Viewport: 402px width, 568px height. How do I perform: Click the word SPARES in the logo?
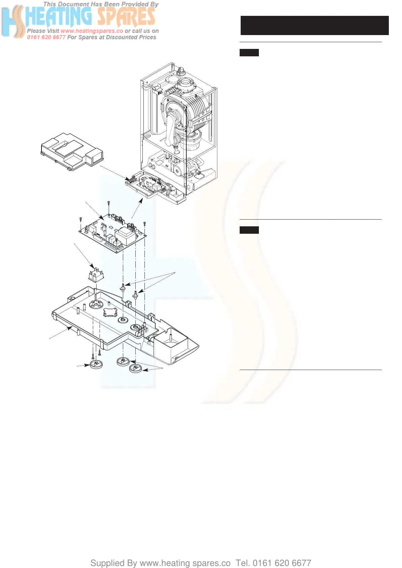(126, 17)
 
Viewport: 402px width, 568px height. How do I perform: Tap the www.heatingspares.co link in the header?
(92, 31)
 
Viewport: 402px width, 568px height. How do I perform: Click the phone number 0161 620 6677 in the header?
(46, 37)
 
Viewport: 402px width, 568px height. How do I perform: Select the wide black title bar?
(314, 25)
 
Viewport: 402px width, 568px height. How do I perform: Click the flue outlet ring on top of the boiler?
(186, 83)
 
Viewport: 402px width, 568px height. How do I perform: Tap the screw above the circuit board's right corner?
(144, 223)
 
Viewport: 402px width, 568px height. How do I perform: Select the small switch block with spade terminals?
(96, 274)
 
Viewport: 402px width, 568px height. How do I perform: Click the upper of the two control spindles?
(123, 288)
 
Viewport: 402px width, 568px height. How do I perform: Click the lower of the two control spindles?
(135, 295)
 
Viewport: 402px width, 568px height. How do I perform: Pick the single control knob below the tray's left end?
(96, 365)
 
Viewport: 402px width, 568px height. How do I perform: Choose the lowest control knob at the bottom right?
(135, 368)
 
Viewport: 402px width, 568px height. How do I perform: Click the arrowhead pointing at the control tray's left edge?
(71, 327)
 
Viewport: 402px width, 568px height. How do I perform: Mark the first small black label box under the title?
(249, 53)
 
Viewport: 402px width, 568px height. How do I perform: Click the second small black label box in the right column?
(249, 230)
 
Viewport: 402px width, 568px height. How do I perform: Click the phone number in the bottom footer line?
(282, 563)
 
